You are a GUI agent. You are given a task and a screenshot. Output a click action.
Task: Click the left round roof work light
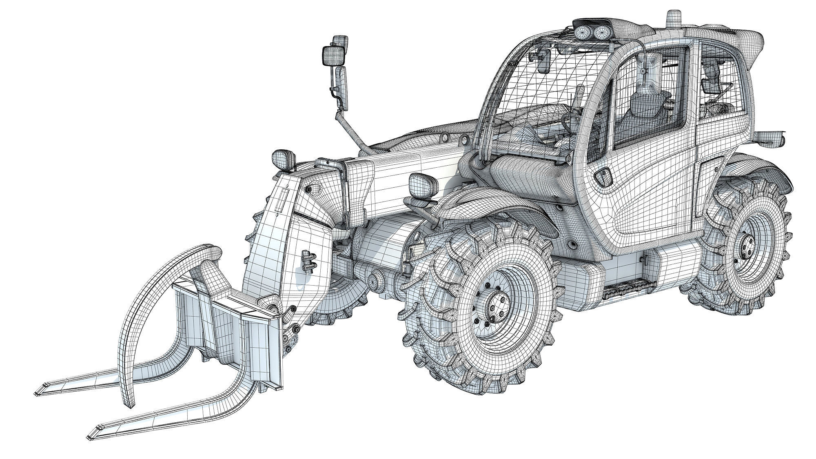pos(580,31)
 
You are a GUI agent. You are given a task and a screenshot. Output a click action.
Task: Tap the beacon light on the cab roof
pos(672,17)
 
